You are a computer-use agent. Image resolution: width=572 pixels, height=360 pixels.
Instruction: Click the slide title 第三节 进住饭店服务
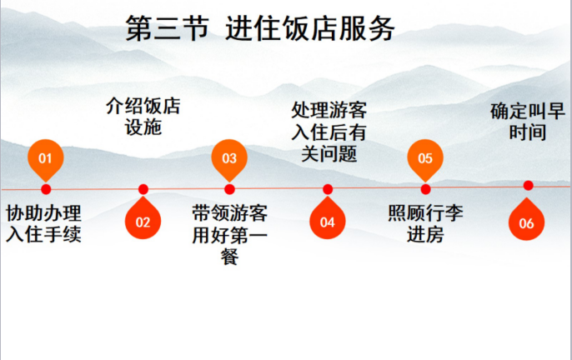click(x=259, y=28)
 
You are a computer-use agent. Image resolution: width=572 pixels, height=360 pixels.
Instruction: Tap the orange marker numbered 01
click(x=46, y=157)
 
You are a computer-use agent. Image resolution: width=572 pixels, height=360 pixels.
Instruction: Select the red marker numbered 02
click(x=143, y=221)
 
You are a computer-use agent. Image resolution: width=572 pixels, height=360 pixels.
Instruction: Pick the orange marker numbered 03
click(x=229, y=157)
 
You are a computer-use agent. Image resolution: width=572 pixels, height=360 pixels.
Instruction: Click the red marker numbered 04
click(x=327, y=221)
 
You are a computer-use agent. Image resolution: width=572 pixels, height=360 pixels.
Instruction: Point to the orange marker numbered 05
click(x=425, y=157)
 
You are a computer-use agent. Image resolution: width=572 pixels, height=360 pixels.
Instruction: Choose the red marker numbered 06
click(x=526, y=221)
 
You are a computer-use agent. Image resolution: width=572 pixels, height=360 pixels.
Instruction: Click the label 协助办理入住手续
click(x=43, y=222)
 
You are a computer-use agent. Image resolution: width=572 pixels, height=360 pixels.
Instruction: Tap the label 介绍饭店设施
click(x=143, y=117)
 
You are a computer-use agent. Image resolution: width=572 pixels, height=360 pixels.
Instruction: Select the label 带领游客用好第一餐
click(x=229, y=234)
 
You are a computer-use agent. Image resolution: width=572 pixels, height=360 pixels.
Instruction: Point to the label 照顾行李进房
click(x=426, y=222)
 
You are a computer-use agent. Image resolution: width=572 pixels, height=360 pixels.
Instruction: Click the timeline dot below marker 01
click(x=46, y=189)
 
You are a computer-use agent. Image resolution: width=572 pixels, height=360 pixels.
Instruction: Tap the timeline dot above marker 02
click(x=143, y=189)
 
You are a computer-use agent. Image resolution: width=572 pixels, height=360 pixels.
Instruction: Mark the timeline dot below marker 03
click(x=229, y=189)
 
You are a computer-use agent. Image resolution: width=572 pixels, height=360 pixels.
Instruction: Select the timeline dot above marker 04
click(x=328, y=189)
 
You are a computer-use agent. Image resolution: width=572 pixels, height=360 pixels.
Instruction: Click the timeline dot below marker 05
click(x=425, y=189)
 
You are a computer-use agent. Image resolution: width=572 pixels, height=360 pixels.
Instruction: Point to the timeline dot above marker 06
click(x=527, y=185)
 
